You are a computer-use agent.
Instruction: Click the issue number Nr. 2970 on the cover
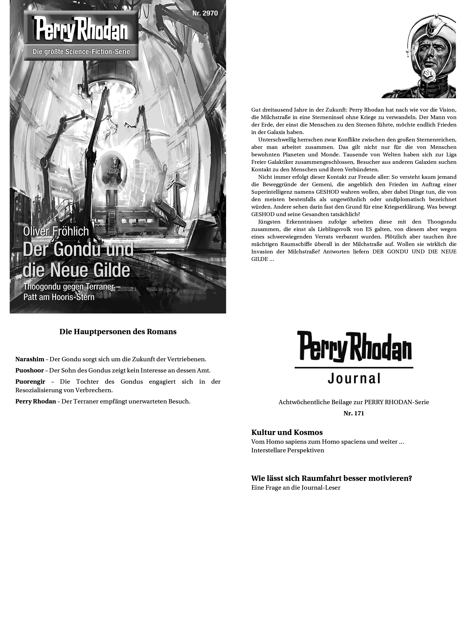tap(205, 13)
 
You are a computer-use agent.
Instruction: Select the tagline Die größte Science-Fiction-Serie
tap(81, 52)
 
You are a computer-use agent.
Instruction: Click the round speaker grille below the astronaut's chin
tap(427, 74)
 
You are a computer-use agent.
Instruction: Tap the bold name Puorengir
tap(30, 382)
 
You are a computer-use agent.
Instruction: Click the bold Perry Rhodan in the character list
tap(36, 401)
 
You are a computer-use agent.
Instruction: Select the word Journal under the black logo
tap(354, 379)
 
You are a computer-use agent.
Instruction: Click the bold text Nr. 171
tap(353, 413)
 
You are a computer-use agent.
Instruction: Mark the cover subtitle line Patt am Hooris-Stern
tap(59, 297)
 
